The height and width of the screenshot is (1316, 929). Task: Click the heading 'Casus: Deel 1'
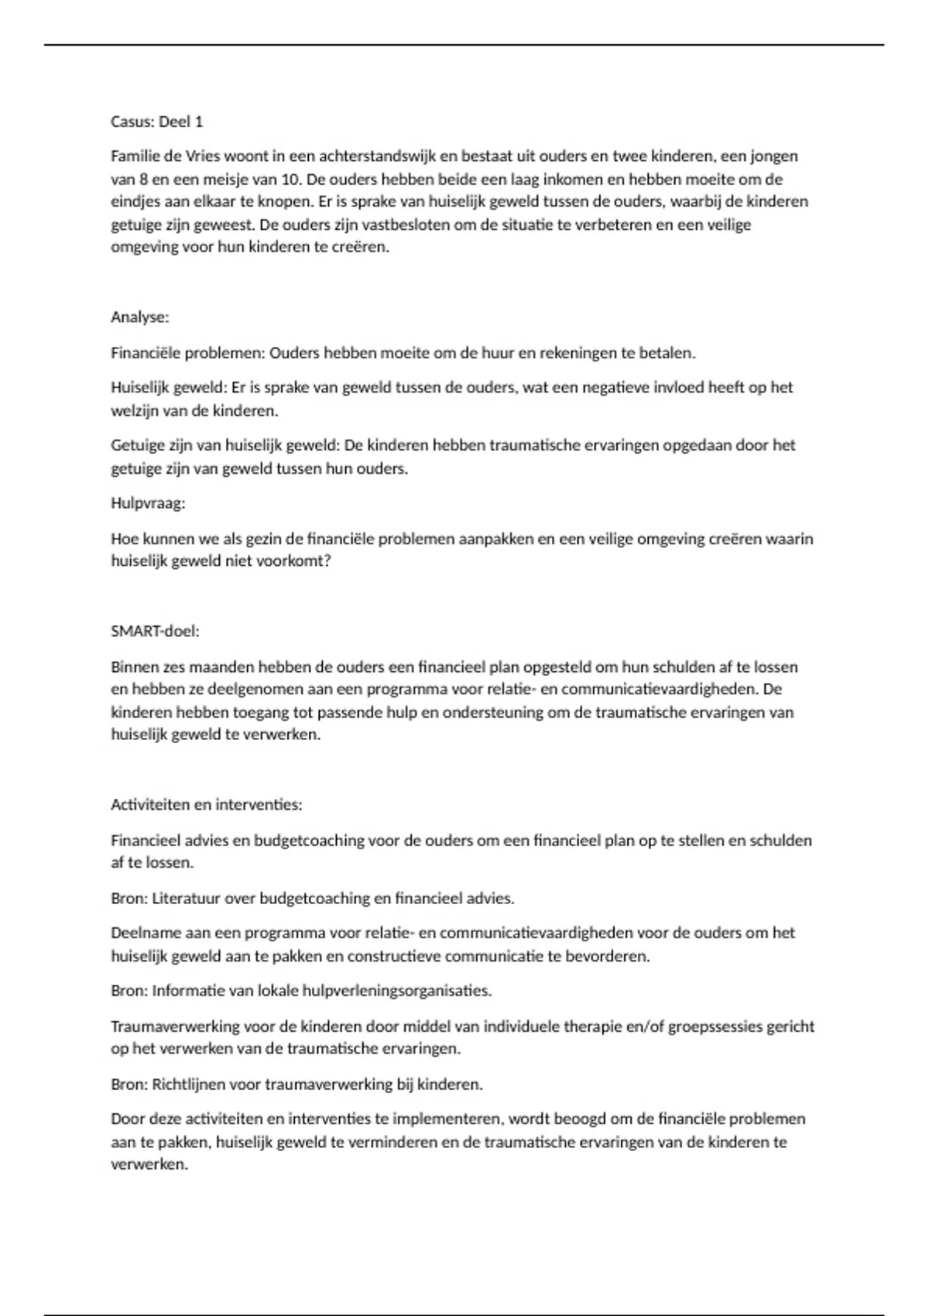pyautogui.click(x=156, y=122)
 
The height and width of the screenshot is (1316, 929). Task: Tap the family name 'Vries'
pyautogui.click(x=203, y=156)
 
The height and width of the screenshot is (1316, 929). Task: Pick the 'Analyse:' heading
pyautogui.click(x=139, y=317)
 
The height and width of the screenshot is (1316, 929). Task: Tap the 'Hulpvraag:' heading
pyautogui.click(x=148, y=503)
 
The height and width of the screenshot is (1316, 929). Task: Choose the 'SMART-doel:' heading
pyautogui.click(x=155, y=631)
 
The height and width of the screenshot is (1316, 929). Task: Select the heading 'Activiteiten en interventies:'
pyautogui.click(x=206, y=805)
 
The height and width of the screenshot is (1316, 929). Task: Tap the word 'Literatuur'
pyautogui.click(x=186, y=899)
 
